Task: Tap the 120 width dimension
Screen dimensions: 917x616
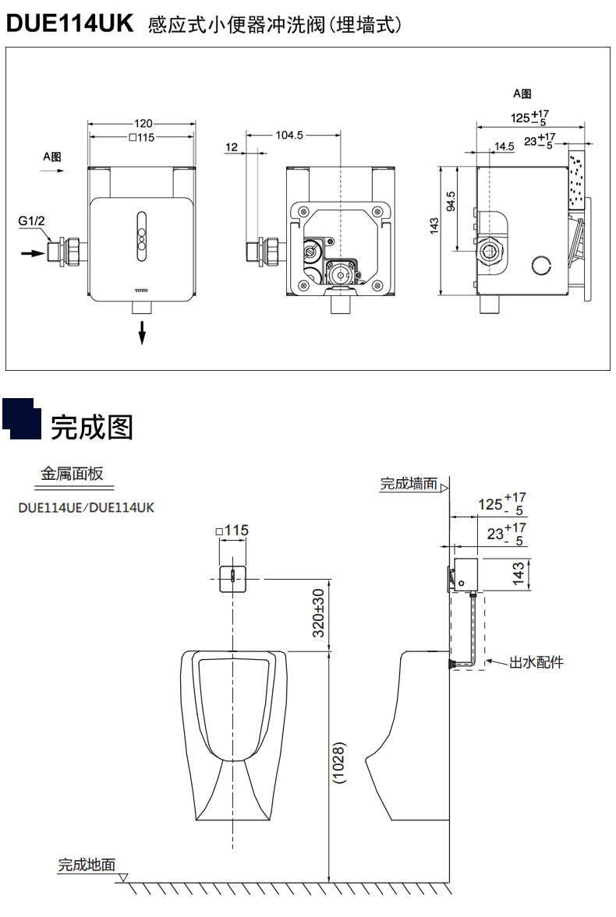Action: (142, 123)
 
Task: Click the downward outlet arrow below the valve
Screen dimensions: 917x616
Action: (142, 333)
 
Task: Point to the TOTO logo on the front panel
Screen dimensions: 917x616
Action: (141, 290)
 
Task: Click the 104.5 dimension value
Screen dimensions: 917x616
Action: (289, 135)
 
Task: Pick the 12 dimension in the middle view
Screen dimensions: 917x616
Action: (232, 146)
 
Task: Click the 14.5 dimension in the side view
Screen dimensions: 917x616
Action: (504, 146)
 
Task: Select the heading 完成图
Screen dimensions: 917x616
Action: (92, 427)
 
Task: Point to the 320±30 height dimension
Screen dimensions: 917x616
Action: (319, 612)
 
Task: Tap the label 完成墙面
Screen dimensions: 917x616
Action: (409, 484)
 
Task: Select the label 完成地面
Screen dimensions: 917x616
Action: (87, 864)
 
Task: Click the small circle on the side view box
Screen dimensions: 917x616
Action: (540, 266)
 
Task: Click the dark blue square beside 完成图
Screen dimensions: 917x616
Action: (22, 417)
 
